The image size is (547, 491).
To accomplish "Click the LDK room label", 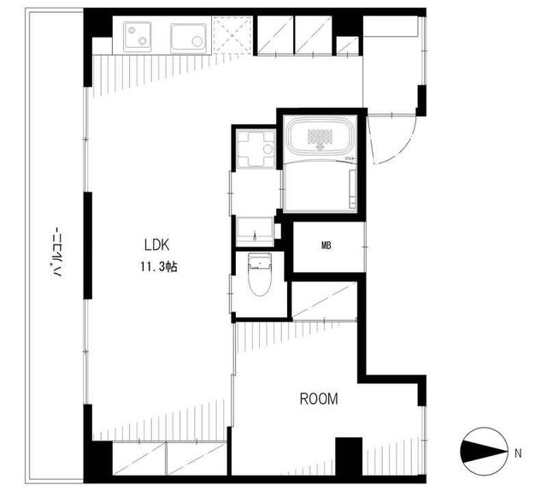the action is point(156,245).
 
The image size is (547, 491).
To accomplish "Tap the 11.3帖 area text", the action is point(159,267).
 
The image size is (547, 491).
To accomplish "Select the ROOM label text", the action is point(319,399).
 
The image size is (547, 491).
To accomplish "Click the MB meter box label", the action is point(326,245).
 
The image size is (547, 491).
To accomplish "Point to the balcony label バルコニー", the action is point(57,251).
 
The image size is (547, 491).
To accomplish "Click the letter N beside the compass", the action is point(518,453).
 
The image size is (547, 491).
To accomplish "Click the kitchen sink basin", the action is point(188,38).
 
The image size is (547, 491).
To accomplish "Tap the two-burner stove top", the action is point(137,36).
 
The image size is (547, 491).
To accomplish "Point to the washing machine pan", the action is point(256,149).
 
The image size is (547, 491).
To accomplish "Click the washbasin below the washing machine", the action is point(255,231).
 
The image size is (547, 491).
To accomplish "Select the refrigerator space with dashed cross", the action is point(232,36).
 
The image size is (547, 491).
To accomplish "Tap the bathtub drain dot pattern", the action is point(321,138).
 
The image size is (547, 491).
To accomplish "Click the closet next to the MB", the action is point(324,300).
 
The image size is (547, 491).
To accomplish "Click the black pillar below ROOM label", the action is point(349,456).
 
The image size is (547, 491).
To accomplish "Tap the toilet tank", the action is point(259,261).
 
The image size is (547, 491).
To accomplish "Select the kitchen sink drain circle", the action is point(197,41).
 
